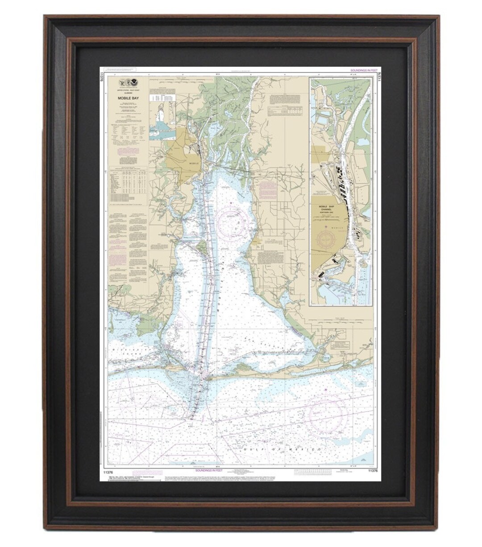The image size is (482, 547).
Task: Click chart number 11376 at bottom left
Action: point(108,471)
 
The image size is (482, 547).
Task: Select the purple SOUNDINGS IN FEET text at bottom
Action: point(209,470)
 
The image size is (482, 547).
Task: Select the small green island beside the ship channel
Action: point(202,246)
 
